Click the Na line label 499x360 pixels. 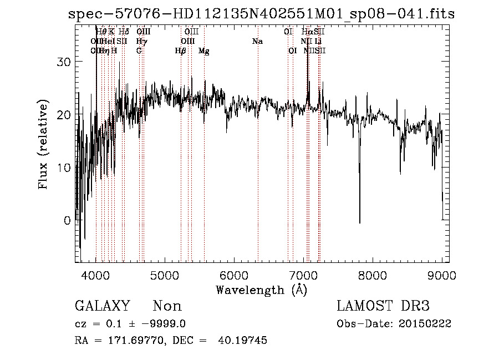(x=257, y=42)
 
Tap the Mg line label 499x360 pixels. (x=203, y=51)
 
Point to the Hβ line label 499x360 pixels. (x=180, y=51)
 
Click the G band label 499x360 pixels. (x=139, y=51)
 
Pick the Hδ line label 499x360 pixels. (x=124, y=32)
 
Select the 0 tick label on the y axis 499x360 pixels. (x=68, y=220)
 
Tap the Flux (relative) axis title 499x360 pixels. (x=44, y=144)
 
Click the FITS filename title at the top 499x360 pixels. (x=261, y=14)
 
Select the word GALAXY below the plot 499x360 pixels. (x=102, y=306)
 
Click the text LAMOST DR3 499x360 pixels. (x=383, y=306)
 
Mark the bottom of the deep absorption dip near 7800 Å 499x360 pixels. (x=359, y=223)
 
